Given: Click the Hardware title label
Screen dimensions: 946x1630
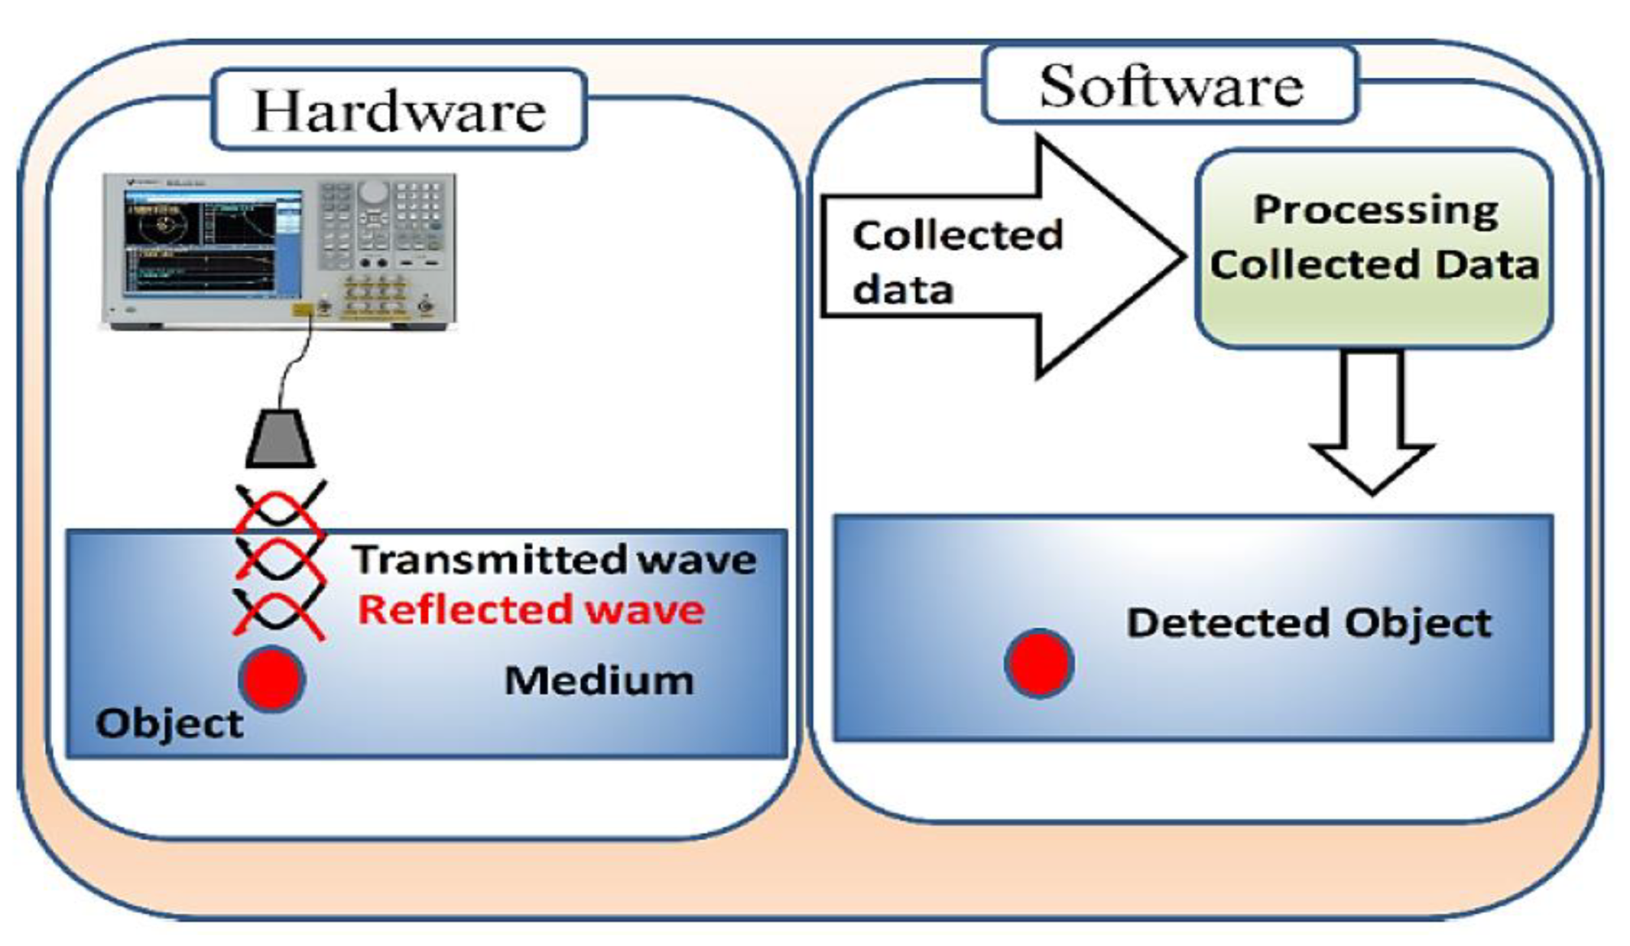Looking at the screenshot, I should [x=399, y=110].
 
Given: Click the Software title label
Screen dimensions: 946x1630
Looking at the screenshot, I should [x=1170, y=85].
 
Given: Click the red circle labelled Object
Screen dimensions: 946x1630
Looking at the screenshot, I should [x=273, y=679].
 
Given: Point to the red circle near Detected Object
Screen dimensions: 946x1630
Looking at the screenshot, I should [x=1039, y=663].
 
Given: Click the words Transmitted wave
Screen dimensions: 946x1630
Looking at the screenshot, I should [x=554, y=560].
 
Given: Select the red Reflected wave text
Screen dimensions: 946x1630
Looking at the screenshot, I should [x=531, y=609].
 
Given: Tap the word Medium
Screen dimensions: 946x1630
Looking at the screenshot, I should [x=600, y=680].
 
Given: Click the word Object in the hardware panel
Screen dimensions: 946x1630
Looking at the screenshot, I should [x=169, y=723].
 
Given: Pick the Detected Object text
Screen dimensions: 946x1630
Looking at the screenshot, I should [x=1309, y=623].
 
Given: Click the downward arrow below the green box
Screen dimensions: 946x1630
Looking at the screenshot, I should [x=1372, y=422].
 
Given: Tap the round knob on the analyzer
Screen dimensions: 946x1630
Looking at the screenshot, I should [x=373, y=191].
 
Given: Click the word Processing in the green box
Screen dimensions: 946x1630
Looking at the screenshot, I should [x=1375, y=210].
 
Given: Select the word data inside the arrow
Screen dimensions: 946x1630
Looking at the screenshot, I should [x=902, y=290].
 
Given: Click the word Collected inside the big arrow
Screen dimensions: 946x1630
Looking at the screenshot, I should [x=957, y=235].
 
